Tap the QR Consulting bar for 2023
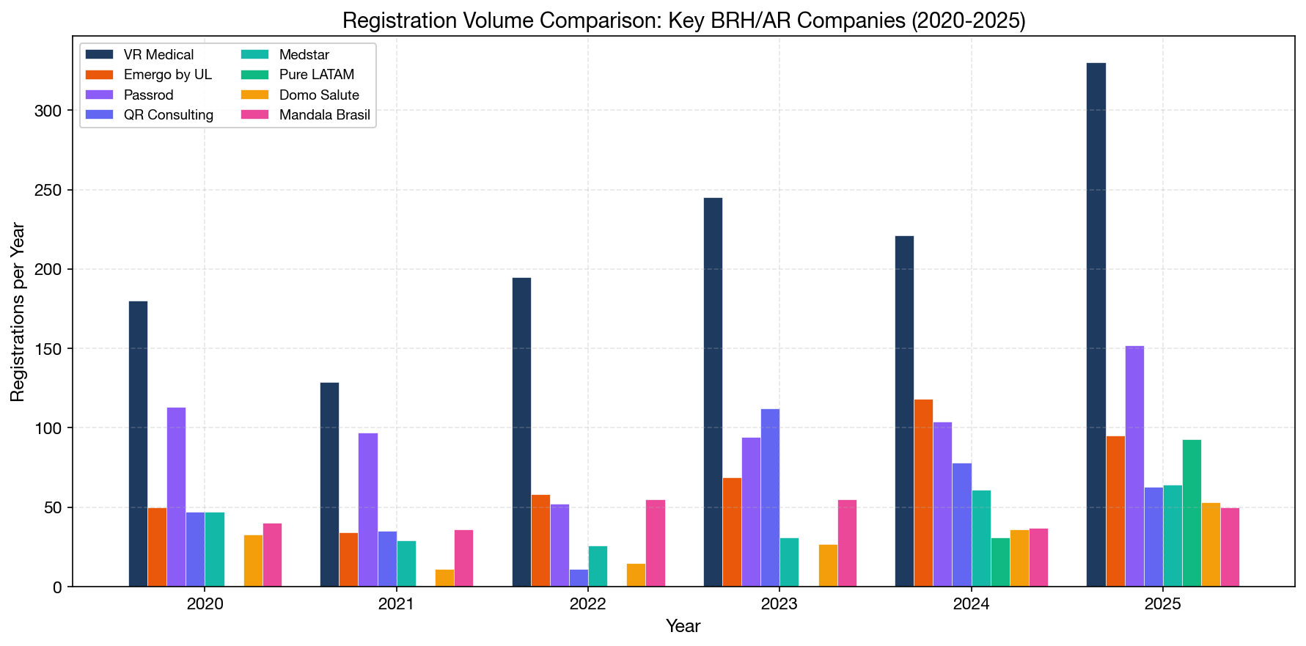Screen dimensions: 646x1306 [x=770, y=498]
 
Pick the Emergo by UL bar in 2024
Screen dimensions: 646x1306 [x=923, y=493]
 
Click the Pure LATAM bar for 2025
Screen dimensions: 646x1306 [x=1192, y=513]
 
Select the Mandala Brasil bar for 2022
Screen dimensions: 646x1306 [x=655, y=543]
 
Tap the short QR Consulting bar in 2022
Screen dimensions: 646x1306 [x=579, y=578]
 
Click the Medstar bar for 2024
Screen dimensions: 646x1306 [x=981, y=538]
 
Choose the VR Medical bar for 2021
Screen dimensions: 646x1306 [x=329, y=485]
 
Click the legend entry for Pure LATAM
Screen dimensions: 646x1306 [x=316, y=75]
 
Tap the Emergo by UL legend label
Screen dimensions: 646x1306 [x=167, y=75]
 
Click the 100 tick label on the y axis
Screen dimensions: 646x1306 [x=51, y=428]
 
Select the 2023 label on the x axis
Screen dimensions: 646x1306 [x=779, y=605]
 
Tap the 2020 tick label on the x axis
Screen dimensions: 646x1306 [x=205, y=605]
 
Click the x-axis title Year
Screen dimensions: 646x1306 [x=683, y=626]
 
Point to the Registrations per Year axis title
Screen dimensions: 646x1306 [x=18, y=312]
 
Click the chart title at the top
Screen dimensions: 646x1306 [x=683, y=21]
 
